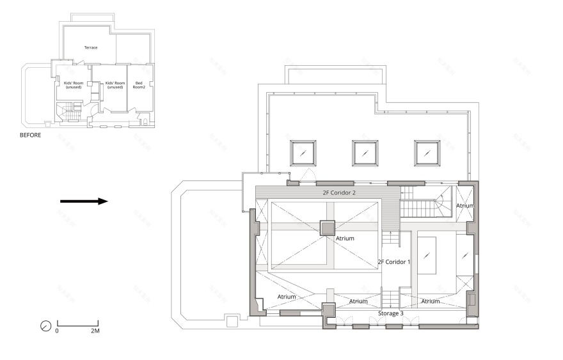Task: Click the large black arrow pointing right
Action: (84, 201)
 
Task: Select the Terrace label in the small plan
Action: (90, 47)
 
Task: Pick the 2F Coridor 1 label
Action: (394, 262)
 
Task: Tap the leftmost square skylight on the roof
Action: (303, 152)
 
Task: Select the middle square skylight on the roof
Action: (365, 152)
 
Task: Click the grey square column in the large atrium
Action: (327, 228)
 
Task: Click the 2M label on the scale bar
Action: (95, 331)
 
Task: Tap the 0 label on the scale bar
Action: (57, 331)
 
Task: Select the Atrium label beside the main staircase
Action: (464, 205)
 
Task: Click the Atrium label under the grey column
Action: (345, 239)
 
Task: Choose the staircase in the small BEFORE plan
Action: (68, 114)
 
